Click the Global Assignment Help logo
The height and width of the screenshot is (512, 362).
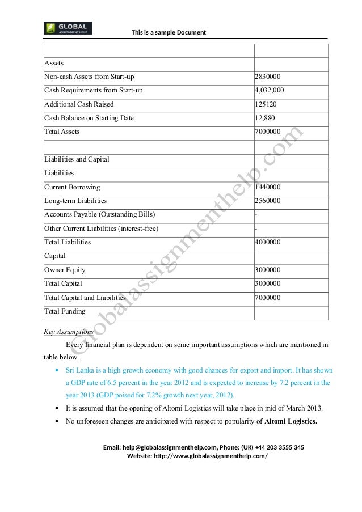coord(68,28)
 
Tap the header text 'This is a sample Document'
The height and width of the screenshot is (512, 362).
coord(169,32)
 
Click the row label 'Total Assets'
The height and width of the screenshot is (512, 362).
coord(62,132)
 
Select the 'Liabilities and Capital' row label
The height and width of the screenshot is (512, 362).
coord(77,159)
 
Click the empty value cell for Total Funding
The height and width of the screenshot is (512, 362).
coord(291,311)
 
